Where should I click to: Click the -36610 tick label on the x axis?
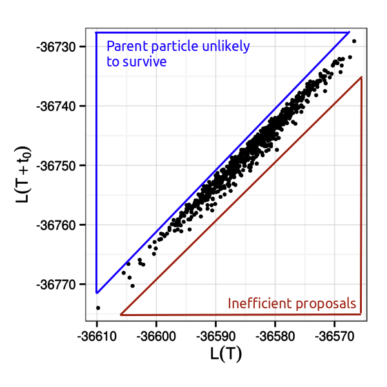click(97, 336)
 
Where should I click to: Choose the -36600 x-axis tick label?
click(156, 336)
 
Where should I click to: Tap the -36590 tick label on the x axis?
click(215, 336)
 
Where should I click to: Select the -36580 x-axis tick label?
click(275, 336)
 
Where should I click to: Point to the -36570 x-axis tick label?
click(334, 336)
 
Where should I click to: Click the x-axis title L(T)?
click(226, 354)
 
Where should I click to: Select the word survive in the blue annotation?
click(146, 62)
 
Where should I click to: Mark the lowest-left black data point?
click(98, 308)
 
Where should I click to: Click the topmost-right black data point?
click(354, 41)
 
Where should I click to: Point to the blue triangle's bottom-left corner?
click(97, 293)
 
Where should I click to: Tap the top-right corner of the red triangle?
click(361, 77)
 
